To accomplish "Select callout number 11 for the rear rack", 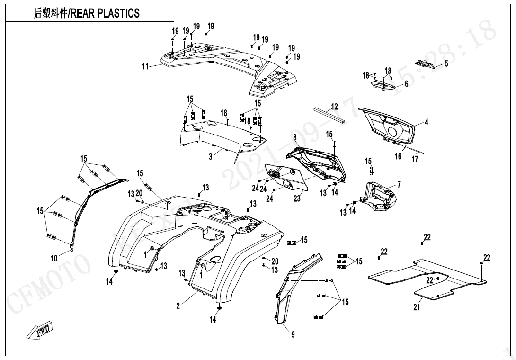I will pyautogui.click(x=145, y=66).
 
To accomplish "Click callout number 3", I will pyautogui.click(x=211, y=157).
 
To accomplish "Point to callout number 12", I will pyautogui.click(x=334, y=107).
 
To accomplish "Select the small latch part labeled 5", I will pyautogui.click(x=425, y=64).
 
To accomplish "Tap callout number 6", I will pyautogui.click(x=406, y=84).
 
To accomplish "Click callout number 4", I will pyautogui.click(x=426, y=122).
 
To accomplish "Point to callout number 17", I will pyautogui.click(x=415, y=159).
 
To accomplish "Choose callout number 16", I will pyautogui.click(x=399, y=156).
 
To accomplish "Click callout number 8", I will pyautogui.click(x=294, y=137).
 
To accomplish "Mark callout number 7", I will pyautogui.click(x=399, y=184).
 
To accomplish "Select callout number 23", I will pyautogui.click(x=297, y=198).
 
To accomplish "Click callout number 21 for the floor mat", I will pyautogui.click(x=417, y=307).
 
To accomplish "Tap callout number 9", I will pyautogui.click(x=293, y=334).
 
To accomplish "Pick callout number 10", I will pyautogui.click(x=54, y=259).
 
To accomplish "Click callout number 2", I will pyautogui.click(x=178, y=306).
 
